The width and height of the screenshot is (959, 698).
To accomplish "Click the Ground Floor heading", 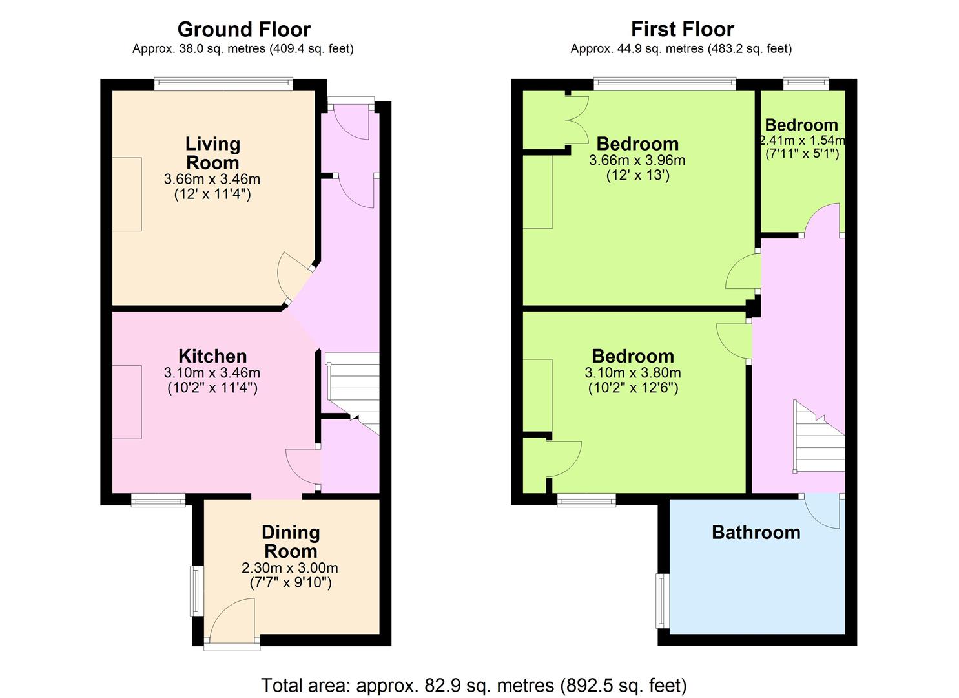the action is click(244, 30).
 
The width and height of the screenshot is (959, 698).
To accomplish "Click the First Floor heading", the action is click(683, 30).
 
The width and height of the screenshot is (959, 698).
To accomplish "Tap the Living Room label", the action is click(212, 153).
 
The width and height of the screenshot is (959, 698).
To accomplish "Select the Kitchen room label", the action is click(212, 356).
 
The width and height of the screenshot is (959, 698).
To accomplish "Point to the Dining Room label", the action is click(291, 542).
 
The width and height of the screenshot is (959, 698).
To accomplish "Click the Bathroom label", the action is click(756, 533).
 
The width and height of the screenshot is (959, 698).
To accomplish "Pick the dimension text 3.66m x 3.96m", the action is click(637, 161).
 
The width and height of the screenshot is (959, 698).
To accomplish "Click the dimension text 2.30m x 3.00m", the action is click(290, 568).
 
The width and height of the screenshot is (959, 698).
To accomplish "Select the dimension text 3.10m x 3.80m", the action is click(633, 373).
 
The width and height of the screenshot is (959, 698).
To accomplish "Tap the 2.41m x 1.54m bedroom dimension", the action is click(802, 140).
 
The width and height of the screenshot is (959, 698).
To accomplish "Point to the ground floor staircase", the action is click(353, 393).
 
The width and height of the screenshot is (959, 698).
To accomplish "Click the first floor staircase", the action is click(819, 437).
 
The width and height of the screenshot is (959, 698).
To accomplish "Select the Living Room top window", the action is click(223, 84).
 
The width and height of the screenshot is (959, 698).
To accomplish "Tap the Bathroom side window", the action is click(663, 601).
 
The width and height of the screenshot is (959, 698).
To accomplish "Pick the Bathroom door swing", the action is click(822, 513).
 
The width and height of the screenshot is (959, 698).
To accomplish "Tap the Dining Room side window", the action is click(197, 591).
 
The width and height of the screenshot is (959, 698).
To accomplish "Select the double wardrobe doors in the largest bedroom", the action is click(577, 120).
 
